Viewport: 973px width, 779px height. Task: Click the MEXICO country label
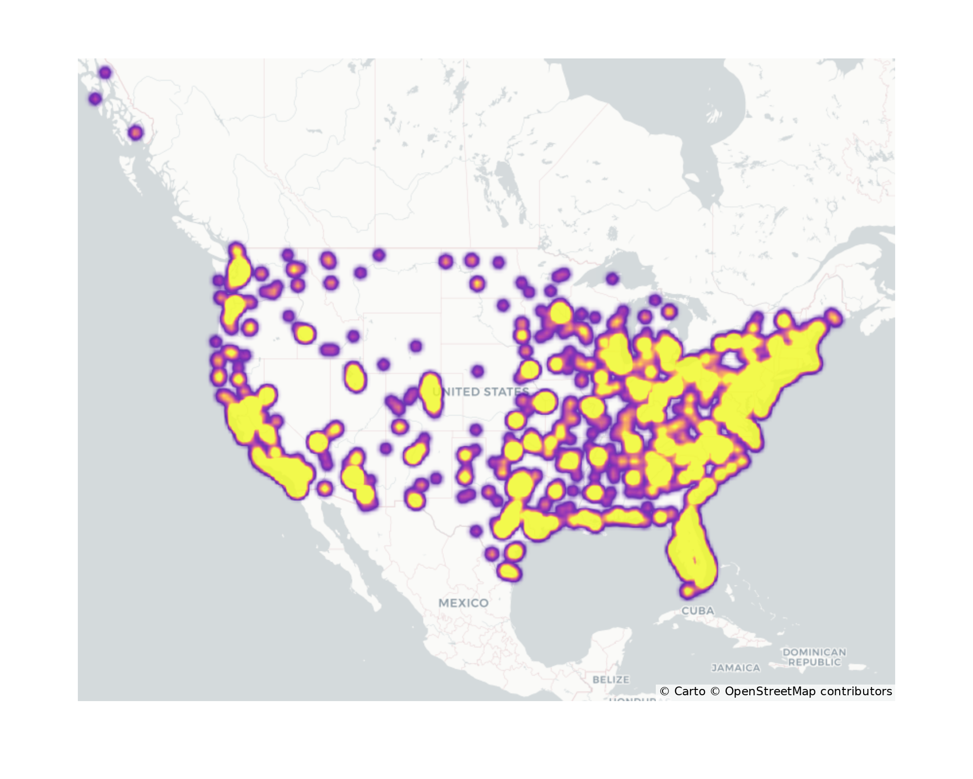[463, 603]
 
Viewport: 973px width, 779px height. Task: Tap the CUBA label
[698, 611]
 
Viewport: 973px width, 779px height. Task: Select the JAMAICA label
[736, 668]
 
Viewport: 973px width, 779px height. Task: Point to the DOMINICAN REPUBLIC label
[814, 657]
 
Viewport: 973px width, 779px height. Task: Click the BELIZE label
[611, 679]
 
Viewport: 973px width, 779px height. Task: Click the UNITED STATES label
[480, 392]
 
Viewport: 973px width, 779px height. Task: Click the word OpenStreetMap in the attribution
[770, 691]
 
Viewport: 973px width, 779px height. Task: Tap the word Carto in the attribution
[689, 691]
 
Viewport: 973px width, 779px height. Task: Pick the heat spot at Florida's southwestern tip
[688, 591]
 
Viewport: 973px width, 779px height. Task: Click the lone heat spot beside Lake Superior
[612, 279]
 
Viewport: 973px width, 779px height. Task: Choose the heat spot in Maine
[834, 317]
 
